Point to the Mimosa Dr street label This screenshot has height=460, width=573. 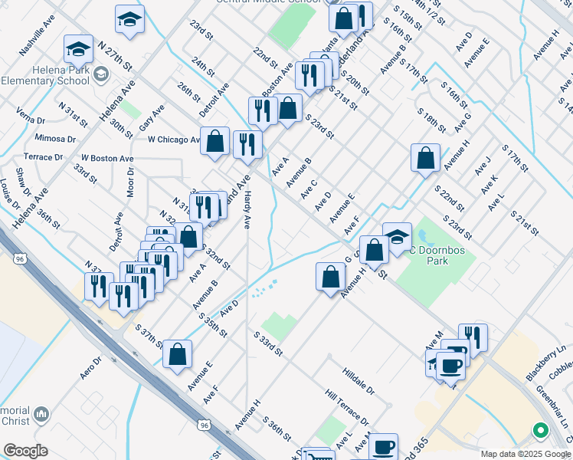coord(61,140)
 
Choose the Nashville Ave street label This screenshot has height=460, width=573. coord(38,36)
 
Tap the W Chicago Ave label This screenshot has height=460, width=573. coord(174,140)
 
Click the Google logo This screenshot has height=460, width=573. coord(25,450)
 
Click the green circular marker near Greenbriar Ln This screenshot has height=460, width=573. coord(540,432)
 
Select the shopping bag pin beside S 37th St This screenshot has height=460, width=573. coord(177,353)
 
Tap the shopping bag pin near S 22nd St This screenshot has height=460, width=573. coord(425,157)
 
